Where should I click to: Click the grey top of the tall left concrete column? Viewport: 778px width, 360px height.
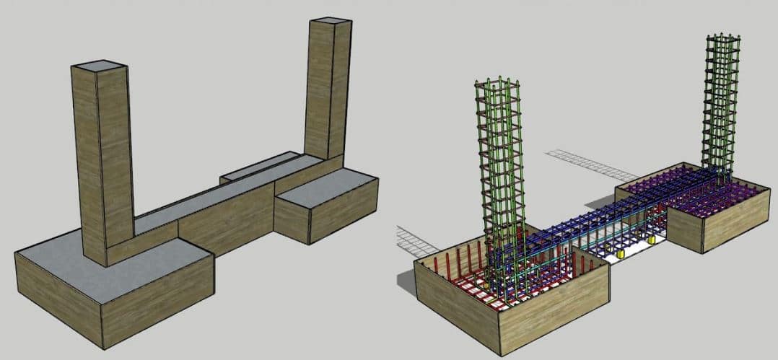coord(100,66)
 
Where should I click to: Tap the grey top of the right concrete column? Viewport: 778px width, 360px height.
coord(331,21)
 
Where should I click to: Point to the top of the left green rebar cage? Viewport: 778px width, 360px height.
coord(497,83)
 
